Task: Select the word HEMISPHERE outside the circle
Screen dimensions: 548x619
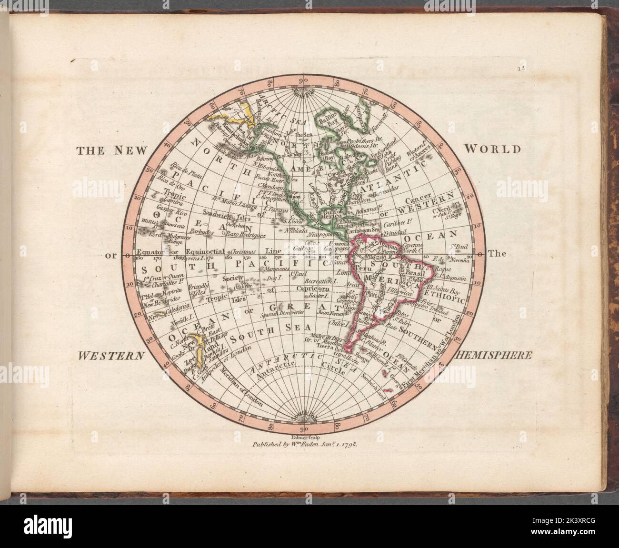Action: (493, 355)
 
